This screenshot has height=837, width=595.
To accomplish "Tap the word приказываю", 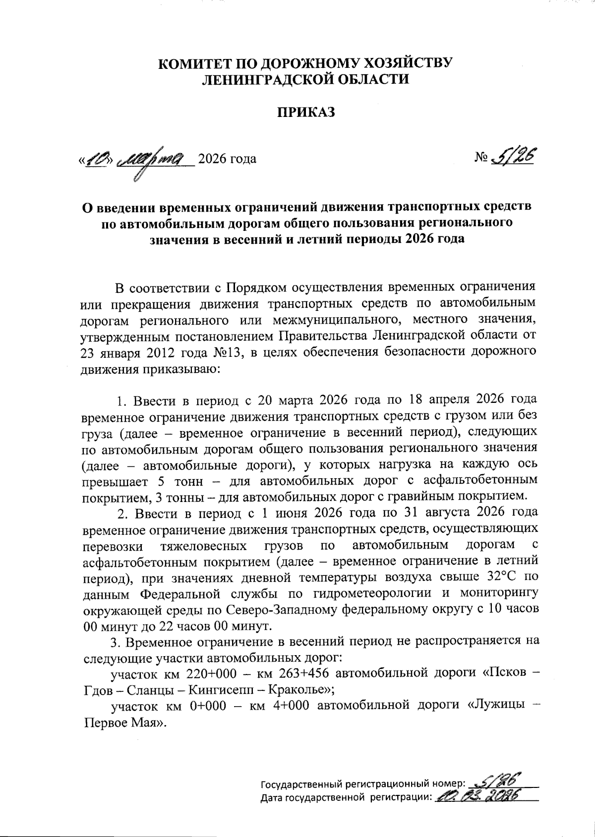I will (179, 369).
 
